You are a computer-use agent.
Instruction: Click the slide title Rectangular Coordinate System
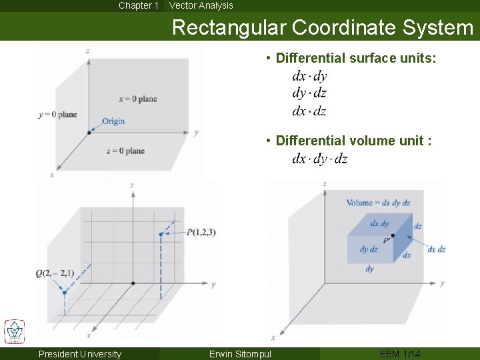323,27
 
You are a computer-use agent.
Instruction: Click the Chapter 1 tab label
139,5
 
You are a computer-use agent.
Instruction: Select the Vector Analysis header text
201,5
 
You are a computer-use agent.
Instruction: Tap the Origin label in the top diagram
113,121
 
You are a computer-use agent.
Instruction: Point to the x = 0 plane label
138,99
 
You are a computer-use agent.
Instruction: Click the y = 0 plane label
57,115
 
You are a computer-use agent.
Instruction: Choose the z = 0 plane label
125,151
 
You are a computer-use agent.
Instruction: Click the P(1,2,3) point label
201,232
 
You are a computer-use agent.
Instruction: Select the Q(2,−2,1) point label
55,273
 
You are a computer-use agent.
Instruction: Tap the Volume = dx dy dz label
378,203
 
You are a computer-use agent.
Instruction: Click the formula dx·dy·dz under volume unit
319,159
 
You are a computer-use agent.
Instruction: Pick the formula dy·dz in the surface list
309,93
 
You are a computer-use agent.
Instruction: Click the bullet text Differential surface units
355,59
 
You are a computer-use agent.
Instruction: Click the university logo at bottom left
14,331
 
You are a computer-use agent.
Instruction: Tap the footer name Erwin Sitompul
240,354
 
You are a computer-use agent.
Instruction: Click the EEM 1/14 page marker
400,354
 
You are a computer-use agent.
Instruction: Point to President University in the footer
80,354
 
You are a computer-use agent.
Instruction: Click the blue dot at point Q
64,291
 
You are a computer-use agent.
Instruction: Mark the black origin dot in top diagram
89,133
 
